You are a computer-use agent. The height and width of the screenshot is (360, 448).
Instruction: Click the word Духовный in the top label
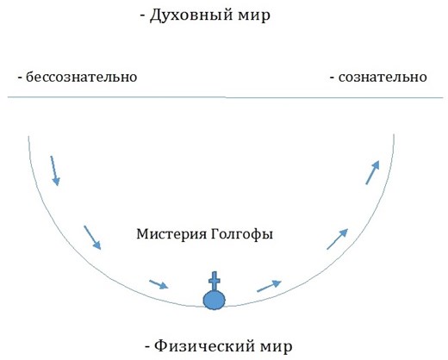pyautogui.click(x=191, y=16)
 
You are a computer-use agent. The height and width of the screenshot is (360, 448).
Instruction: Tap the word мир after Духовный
pyautogui.click(x=254, y=16)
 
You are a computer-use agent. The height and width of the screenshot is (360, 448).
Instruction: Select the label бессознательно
pyautogui.click(x=81, y=77)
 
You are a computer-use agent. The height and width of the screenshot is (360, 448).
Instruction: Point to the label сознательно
pyautogui.click(x=383, y=77)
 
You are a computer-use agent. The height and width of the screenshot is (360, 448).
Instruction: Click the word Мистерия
pyautogui.click(x=171, y=234)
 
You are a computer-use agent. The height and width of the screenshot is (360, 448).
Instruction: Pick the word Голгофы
pyautogui.click(x=242, y=234)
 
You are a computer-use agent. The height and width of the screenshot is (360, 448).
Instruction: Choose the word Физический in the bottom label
pyautogui.click(x=205, y=346)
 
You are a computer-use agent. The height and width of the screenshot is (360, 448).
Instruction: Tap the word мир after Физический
pyautogui.click(x=277, y=347)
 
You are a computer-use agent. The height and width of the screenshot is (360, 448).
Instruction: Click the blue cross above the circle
pyautogui.click(x=215, y=281)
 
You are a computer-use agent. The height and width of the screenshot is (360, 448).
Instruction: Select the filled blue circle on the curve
pyautogui.click(x=215, y=300)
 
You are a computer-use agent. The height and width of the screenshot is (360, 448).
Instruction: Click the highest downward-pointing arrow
pyautogui.click(x=55, y=171)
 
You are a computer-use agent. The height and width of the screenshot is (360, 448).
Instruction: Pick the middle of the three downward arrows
pyautogui.click(x=92, y=238)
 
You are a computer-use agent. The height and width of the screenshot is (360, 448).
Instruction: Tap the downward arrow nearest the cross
pyautogui.click(x=159, y=284)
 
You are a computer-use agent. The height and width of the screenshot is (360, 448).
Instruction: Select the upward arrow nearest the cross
pyautogui.click(x=269, y=286)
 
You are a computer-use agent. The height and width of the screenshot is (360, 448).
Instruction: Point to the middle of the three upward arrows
pyautogui.click(x=338, y=239)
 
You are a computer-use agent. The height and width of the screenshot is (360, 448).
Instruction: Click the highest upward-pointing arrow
pyautogui.click(x=372, y=172)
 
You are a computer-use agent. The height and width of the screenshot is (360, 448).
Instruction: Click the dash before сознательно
pyautogui.click(x=332, y=78)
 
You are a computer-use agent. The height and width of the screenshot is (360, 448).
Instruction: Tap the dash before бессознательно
pyautogui.click(x=20, y=78)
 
